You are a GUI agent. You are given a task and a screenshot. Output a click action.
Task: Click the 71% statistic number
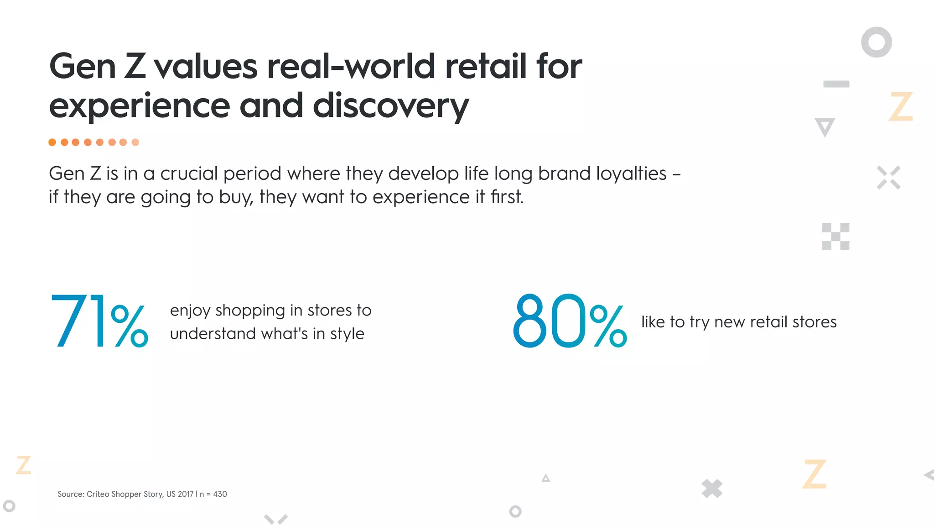(x=99, y=321)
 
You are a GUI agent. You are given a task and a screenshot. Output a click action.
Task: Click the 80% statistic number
(x=570, y=321)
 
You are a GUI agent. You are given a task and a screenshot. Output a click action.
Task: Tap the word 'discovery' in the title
(x=390, y=106)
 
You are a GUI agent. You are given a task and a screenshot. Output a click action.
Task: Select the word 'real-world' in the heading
(x=350, y=67)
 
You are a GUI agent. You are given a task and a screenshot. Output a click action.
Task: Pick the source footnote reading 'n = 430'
(x=213, y=494)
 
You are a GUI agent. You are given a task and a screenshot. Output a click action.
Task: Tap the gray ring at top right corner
(x=876, y=42)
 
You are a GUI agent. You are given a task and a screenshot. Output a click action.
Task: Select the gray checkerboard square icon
(x=835, y=237)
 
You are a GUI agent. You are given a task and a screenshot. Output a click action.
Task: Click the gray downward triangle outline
(x=825, y=126)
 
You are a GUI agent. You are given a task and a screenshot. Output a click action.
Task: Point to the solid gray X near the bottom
(x=712, y=489)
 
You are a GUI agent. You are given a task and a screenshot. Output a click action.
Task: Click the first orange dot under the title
(x=52, y=142)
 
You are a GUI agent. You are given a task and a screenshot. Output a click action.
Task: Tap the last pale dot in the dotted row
(x=135, y=142)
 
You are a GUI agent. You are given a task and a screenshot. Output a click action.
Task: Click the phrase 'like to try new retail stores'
(x=739, y=322)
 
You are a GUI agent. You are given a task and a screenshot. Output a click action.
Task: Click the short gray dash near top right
(x=836, y=84)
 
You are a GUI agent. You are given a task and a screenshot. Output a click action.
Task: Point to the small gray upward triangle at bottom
(x=545, y=478)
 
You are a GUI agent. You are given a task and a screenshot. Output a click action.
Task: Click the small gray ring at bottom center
(x=515, y=511)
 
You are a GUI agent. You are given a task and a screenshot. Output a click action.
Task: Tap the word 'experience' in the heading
(x=139, y=106)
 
